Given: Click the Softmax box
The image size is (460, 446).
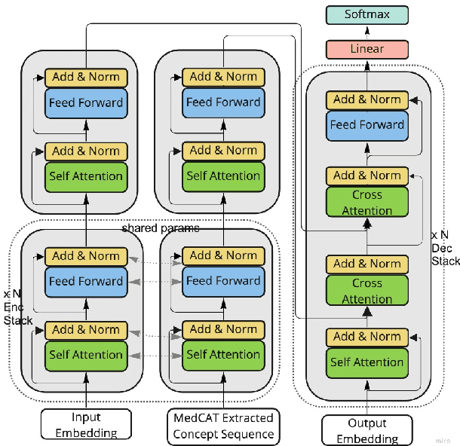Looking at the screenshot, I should click(367, 14).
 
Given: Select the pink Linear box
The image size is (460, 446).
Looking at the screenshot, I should click(367, 49).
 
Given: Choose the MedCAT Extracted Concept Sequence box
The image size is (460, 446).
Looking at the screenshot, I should click(223, 426).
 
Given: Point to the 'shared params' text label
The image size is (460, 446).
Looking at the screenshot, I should click(161, 228).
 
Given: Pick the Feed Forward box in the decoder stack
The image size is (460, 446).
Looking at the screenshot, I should click(367, 125).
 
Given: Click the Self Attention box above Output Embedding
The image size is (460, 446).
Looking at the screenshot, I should click(367, 362).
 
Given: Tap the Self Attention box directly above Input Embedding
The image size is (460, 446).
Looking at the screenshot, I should click(85, 355).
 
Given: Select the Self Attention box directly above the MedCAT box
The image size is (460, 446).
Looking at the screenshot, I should click(223, 355).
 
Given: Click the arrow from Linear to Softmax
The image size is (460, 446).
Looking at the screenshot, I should click(367, 32).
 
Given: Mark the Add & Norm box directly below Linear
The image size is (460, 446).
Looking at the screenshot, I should click(367, 99).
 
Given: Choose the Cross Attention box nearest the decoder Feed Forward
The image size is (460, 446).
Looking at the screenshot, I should click(367, 202).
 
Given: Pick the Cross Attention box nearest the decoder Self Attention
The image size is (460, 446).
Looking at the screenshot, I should click(367, 291).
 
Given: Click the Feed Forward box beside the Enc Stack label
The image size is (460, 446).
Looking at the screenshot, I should click(85, 281).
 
